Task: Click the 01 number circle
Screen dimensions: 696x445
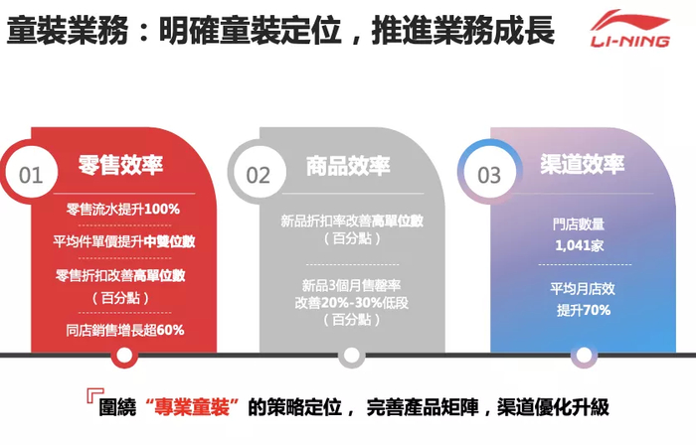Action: (31, 175)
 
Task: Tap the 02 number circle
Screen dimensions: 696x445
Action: (259, 175)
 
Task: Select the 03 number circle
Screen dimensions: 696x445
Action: (489, 175)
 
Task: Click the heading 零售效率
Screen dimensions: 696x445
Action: (120, 166)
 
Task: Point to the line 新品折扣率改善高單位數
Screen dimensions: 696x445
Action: (353, 221)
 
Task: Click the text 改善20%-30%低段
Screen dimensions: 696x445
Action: (353, 302)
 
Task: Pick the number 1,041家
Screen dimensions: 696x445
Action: (578, 244)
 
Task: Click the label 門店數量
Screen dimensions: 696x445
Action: (578, 224)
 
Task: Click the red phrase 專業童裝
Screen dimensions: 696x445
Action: (193, 407)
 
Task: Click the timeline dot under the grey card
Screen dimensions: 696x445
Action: (349, 355)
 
